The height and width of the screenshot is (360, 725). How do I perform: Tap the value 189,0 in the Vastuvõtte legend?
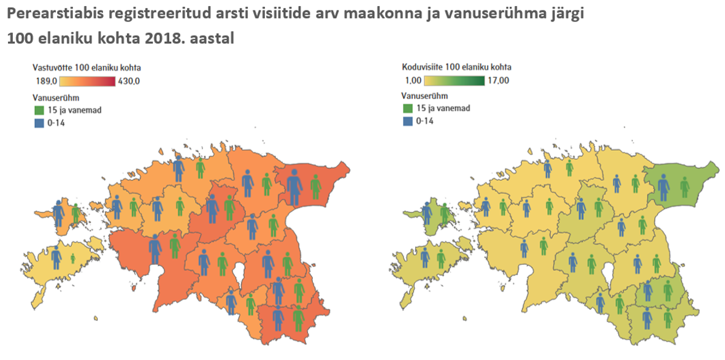47,82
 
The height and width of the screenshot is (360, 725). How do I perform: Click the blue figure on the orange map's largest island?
56,257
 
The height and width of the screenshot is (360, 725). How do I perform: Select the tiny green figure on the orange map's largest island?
72,259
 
